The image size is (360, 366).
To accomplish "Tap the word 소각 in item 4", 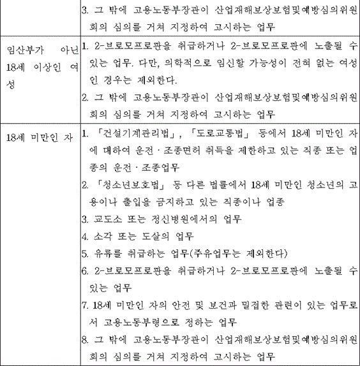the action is [x=100, y=237].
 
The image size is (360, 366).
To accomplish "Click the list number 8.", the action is [x=85, y=339].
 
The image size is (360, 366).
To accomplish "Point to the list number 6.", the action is [x=85, y=270].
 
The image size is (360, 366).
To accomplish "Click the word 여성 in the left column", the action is [x=70, y=66].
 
